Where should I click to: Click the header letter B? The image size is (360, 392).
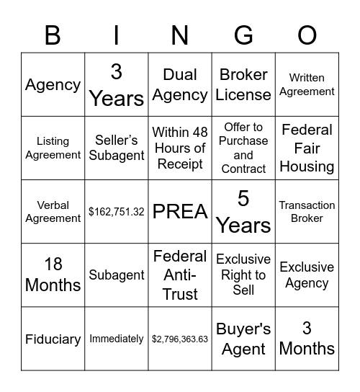coord(53,35)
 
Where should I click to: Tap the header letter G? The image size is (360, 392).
coord(243,35)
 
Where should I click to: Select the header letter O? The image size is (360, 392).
coord(307,35)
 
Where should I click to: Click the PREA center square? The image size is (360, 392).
coord(180,212)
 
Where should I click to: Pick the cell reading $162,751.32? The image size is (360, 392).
coord(117,212)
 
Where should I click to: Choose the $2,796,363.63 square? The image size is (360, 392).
coord(180,339)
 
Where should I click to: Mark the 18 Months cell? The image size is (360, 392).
coord(53,275)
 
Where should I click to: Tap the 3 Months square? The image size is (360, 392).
coord(307,339)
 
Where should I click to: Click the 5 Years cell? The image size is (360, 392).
coord(243,212)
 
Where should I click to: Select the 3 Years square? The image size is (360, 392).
coord(117,85)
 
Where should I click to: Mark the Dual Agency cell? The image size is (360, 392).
coord(180,85)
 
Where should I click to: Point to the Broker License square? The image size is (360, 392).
coord(243,85)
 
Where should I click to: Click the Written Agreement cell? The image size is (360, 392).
coord(307,85)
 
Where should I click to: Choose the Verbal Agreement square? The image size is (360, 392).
coord(53,212)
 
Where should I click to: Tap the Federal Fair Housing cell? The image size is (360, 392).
coord(307,148)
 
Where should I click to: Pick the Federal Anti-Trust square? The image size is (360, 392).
coord(180,275)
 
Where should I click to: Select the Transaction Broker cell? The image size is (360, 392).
coord(307,212)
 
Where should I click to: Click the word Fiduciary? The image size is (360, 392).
coord(53,339)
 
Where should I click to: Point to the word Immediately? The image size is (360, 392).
coord(117,339)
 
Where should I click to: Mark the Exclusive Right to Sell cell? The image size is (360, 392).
coord(243,275)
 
